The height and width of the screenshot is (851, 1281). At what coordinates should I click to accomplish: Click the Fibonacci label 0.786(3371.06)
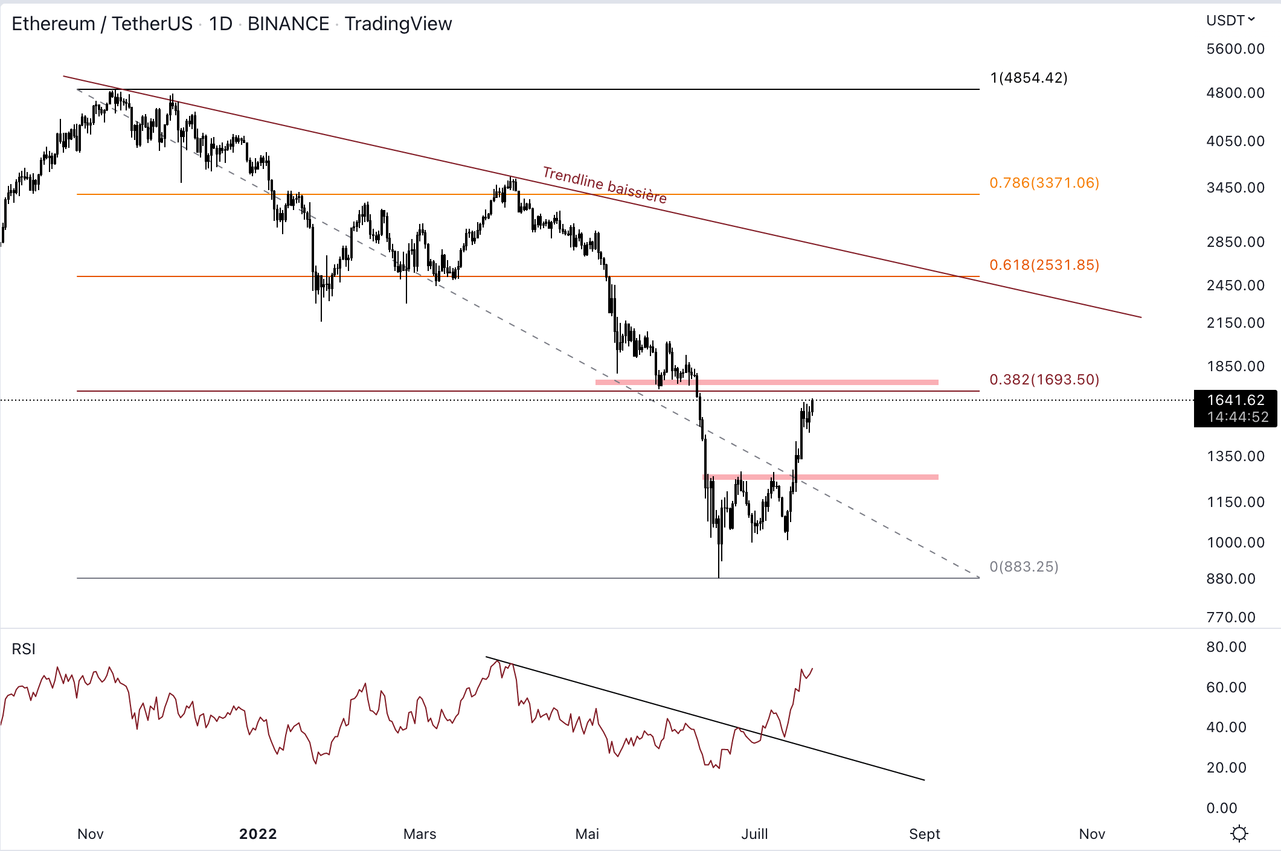pos(1044,183)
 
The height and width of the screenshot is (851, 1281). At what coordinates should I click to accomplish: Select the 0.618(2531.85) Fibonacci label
pos(1044,265)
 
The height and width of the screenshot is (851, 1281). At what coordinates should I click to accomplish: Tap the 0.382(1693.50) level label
pos(1044,380)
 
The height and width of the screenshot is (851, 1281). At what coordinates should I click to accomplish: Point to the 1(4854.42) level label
pos(1029,78)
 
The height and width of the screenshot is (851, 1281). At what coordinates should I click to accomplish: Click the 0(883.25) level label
pos(1024,567)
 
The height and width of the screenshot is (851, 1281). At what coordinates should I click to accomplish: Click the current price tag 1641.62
pos(1235,400)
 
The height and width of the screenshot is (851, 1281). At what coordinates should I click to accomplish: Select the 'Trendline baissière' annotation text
pos(605,185)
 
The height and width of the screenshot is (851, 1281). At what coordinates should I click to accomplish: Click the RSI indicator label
pos(24,649)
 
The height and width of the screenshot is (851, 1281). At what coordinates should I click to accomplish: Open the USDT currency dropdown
pos(1230,21)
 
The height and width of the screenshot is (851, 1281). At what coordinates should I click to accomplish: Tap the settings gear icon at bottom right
pos(1239,833)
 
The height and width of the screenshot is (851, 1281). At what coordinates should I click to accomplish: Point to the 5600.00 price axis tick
pos(1235,49)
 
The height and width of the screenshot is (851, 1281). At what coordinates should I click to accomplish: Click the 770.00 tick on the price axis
pos(1231,617)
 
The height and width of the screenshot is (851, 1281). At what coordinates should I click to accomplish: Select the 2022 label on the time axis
pos(258,834)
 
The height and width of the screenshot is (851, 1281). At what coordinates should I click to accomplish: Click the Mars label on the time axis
pos(420,834)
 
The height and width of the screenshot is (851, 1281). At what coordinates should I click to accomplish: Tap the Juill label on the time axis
pos(754,834)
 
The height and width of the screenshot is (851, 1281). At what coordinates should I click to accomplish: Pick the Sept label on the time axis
pos(925,834)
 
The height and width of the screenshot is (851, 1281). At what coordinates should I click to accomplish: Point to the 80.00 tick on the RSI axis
pos(1226,647)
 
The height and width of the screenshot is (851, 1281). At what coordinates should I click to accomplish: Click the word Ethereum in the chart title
pos(53,24)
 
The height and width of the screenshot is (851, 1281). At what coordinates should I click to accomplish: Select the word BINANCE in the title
pos(288,24)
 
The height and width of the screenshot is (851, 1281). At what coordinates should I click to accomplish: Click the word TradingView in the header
pos(398,24)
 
